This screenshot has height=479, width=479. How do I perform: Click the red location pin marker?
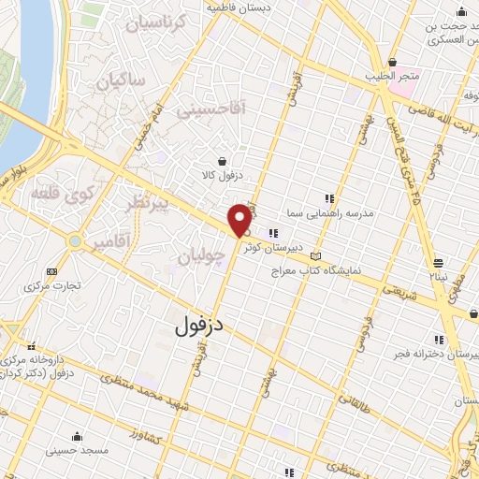click(239, 220)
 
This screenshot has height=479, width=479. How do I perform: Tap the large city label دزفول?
click(202, 324)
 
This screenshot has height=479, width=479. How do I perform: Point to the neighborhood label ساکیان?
click(122, 80)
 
